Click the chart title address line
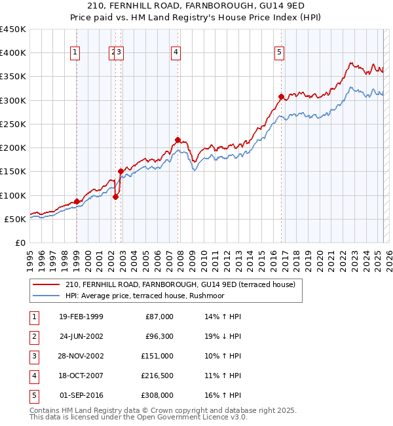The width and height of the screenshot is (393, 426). [x=196, y=6]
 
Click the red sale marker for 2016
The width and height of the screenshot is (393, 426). [x=281, y=97]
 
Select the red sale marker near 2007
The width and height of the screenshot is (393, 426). [x=178, y=140]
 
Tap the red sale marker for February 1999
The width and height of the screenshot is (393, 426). [x=77, y=201]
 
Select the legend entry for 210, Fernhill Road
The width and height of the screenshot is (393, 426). [x=180, y=284]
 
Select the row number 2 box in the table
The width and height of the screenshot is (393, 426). [x=33, y=336]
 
